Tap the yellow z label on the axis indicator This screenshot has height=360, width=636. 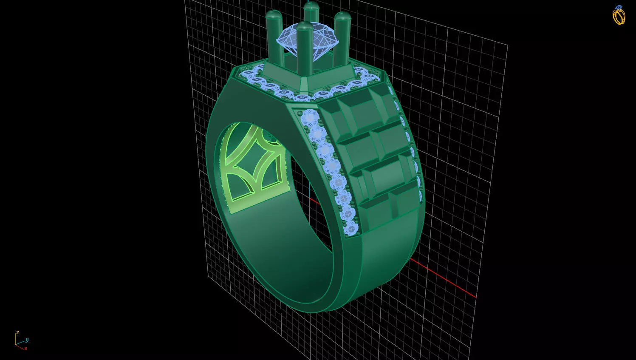point(18,332)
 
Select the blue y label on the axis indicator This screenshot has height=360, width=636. point(27,340)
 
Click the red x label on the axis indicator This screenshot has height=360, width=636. point(25,349)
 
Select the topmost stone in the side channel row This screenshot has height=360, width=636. point(310,117)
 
